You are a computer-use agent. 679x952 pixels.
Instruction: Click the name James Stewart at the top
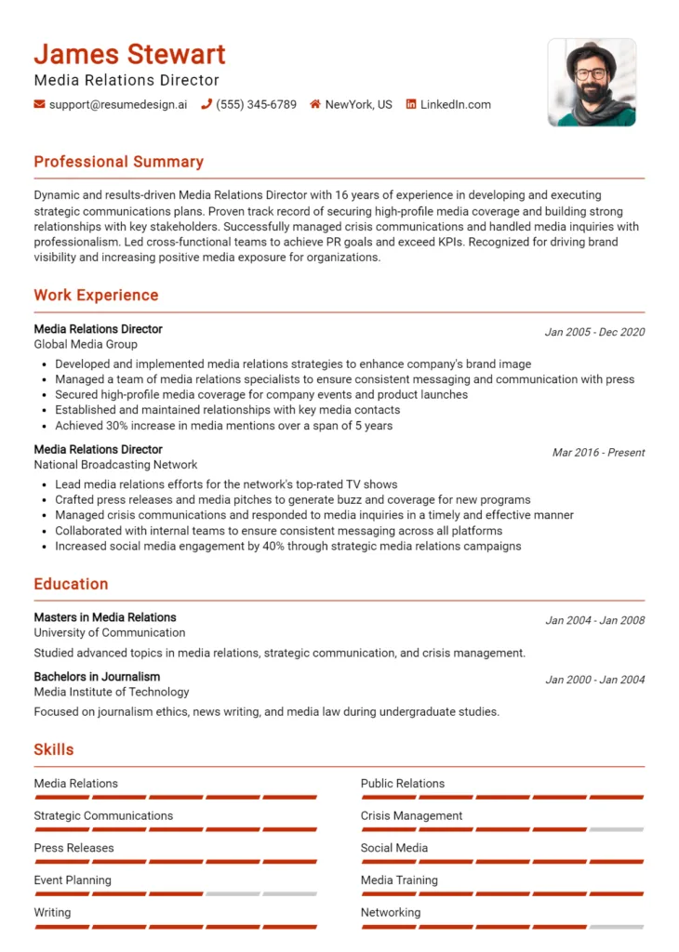(x=129, y=54)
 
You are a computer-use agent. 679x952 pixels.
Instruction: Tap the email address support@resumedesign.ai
(x=117, y=105)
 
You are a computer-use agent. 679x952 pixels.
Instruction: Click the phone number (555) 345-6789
(x=256, y=105)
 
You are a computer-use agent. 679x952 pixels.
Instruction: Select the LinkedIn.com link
(x=455, y=105)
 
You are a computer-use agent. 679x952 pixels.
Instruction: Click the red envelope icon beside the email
(x=39, y=105)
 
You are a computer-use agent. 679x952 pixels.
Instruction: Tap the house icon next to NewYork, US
(x=315, y=105)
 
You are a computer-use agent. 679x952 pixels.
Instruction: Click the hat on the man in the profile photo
(x=591, y=50)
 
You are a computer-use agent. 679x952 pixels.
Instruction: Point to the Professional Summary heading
(x=118, y=162)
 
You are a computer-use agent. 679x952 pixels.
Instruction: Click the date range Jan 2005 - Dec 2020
(x=594, y=332)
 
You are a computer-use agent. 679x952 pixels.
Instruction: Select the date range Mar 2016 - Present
(x=598, y=453)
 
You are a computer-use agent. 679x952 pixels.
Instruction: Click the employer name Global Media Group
(x=86, y=344)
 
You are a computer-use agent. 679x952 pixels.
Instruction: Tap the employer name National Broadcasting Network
(x=115, y=465)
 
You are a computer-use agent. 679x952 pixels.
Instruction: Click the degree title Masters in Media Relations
(x=104, y=617)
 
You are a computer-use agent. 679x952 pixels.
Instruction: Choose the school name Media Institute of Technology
(x=111, y=692)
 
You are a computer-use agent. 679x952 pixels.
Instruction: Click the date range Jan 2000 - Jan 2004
(x=594, y=680)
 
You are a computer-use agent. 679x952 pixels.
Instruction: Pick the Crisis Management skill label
(x=411, y=816)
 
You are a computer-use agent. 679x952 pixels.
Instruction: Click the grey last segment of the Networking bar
(x=616, y=927)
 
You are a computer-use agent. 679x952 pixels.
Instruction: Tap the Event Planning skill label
(x=72, y=880)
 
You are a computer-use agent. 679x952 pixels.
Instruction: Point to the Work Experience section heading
(x=96, y=296)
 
